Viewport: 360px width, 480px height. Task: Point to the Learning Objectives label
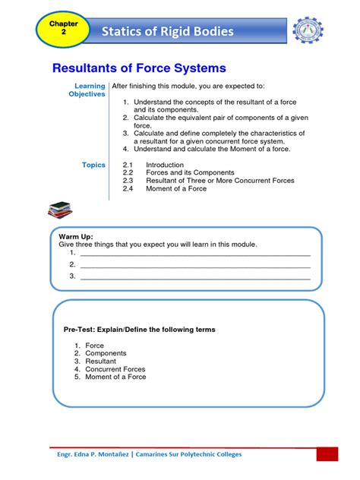click(x=87, y=90)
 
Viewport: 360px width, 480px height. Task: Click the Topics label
click(x=93, y=165)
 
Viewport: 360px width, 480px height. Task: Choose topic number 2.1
click(x=128, y=165)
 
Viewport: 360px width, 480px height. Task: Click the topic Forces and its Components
click(x=179, y=173)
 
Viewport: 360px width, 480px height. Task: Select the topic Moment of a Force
click(x=175, y=188)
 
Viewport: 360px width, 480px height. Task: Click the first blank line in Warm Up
click(x=195, y=254)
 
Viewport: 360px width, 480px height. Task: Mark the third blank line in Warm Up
click(x=195, y=278)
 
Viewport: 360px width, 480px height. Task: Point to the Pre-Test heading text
click(x=139, y=330)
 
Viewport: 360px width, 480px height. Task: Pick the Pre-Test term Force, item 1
click(x=94, y=346)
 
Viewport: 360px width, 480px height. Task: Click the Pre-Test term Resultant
click(x=100, y=362)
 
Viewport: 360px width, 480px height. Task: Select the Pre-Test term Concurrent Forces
click(x=115, y=369)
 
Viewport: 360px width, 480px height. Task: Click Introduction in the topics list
click(x=165, y=165)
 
